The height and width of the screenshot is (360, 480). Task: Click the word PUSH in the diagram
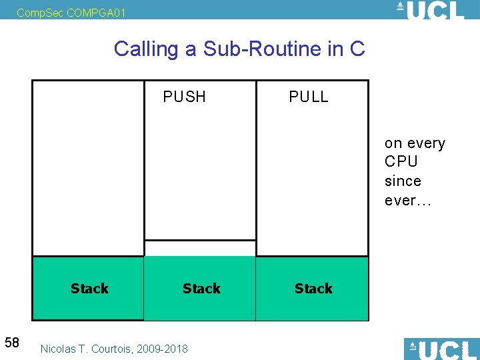pyautogui.click(x=185, y=97)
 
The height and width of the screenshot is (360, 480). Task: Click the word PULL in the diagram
pyautogui.click(x=309, y=97)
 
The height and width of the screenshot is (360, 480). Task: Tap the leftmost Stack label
pyautogui.click(x=89, y=289)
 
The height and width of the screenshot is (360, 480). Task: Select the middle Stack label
pyautogui.click(x=201, y=289)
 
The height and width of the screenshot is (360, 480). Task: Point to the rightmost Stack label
pyautogui.click(x=313, y=289)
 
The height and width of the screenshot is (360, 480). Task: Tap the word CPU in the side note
pyautogui.click(x=401, y=162)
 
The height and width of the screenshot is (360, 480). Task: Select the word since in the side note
pyautogui.click(x=403, y=181)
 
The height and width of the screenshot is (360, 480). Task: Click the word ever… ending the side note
pyautogui.click(x=408, y=201)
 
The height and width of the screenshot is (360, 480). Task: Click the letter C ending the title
pyautogui.click(x=357, y=49)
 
